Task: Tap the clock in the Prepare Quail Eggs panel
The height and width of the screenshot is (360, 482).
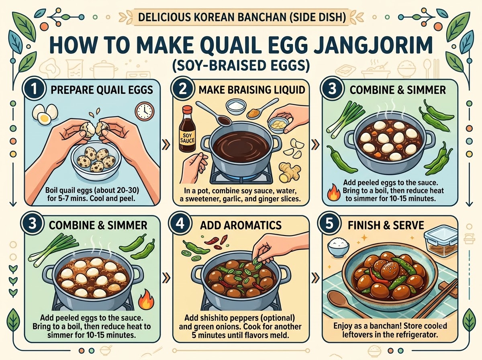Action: click(x=145, y=111)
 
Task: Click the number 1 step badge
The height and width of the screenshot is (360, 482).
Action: click(x=34, y=89)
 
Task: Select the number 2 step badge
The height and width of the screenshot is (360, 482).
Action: click(x=183, y=89)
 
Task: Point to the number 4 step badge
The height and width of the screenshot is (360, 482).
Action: click(x=180, y=225)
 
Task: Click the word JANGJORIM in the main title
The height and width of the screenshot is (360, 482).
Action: click(x=373, y=45)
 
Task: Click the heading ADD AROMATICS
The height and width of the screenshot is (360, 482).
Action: click(x=241, y=225)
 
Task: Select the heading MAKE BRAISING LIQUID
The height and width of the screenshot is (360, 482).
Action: click(x=252, y=90)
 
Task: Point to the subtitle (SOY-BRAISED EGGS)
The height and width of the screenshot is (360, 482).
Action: click(x=241, y=65)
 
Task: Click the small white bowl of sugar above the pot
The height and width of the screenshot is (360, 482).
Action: click(x=236, y=106)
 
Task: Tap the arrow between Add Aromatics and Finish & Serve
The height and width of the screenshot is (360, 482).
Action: click(x=316, y=278)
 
